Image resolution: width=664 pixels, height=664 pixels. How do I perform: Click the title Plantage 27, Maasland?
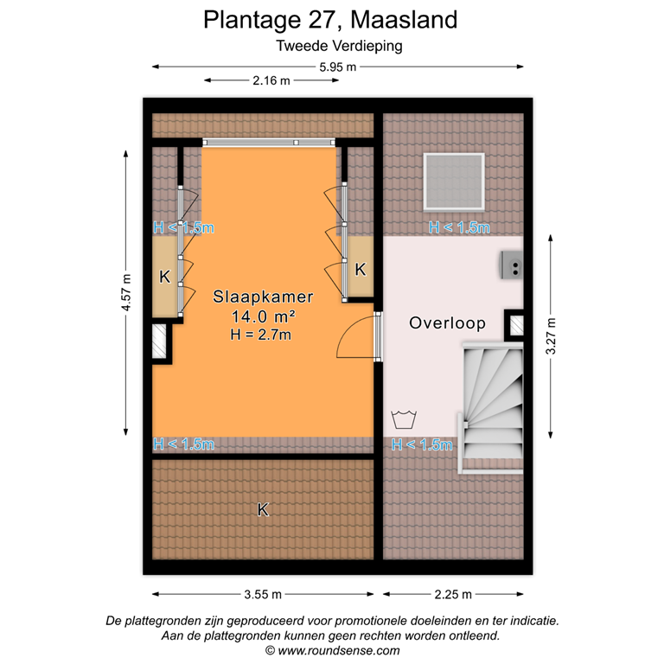(x=331, y=19)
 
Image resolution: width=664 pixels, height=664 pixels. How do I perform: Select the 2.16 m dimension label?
(x=271, y=80)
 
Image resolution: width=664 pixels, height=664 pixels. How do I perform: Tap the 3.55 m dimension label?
(x=263, y=594)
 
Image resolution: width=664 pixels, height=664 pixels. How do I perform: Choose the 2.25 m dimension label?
(x=453, y=594)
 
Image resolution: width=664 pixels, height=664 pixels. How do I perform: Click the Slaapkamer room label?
(x=263, y=297)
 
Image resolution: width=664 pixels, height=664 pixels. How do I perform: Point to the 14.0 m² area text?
(x=263, y=316)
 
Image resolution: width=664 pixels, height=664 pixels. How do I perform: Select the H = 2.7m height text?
(x=263, y=334)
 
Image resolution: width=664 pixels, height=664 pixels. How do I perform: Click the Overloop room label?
(x=447, y=323)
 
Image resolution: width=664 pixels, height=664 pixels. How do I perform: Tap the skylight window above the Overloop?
(x=454, y=181)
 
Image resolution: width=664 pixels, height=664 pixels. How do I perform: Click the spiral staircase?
(x=491, y=402)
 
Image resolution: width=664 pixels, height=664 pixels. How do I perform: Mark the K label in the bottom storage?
(x=263, y=510)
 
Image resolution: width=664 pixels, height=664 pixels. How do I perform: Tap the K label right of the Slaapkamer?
(x=361, y=269)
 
